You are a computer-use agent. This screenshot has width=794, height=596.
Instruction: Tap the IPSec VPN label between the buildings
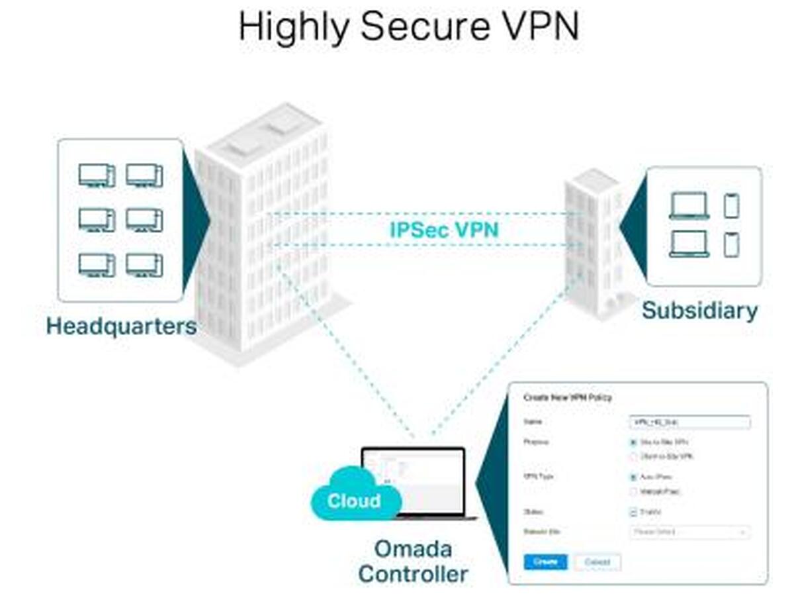point(444,230)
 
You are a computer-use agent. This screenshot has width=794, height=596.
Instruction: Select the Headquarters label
point(121,326)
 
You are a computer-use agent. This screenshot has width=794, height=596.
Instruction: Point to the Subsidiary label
point(699,311)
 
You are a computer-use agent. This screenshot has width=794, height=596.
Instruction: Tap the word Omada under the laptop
point(413,548)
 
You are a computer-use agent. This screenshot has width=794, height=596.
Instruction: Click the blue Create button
point(545,562)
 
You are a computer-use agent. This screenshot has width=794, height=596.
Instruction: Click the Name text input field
point(689,422)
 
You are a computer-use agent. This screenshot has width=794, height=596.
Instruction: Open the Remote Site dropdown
point(689,532)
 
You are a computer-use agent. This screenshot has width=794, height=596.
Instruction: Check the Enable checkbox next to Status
point(633,512)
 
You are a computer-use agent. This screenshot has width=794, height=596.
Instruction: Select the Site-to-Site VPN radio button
point(633,442)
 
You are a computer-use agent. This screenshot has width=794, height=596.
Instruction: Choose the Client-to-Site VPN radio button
point(633,456)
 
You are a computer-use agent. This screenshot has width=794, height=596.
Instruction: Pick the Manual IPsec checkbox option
point(633,491)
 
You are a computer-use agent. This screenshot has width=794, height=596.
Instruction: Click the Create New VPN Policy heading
point(568,397)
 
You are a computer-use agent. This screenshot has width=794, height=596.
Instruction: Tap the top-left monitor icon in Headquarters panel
point(97,175)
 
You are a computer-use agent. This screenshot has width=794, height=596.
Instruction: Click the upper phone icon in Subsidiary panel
point(730,205)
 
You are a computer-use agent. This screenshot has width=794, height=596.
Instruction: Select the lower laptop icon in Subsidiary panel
point(689,244)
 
